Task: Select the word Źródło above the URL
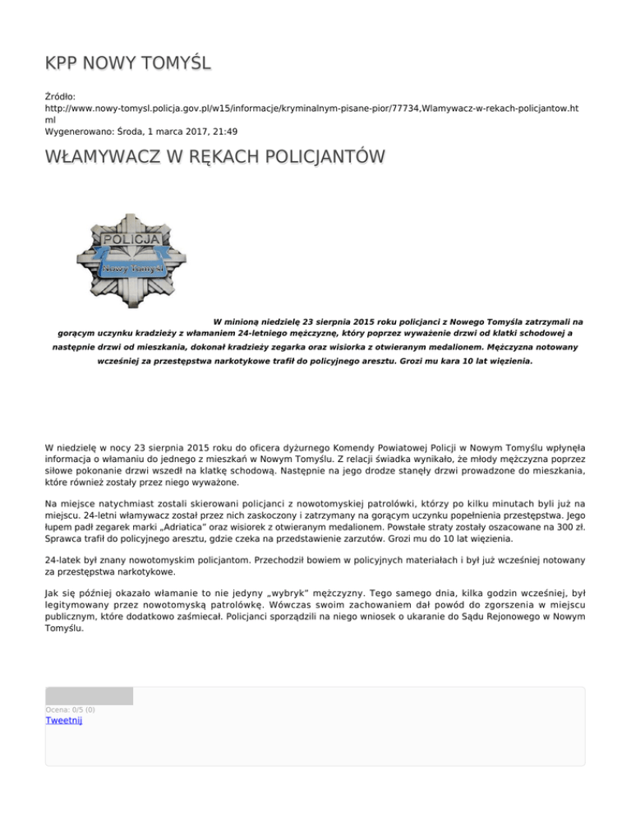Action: point(62,96)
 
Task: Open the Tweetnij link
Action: point(63,721)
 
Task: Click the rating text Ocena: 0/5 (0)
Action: point(70,709)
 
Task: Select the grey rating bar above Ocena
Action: point(89,696)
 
